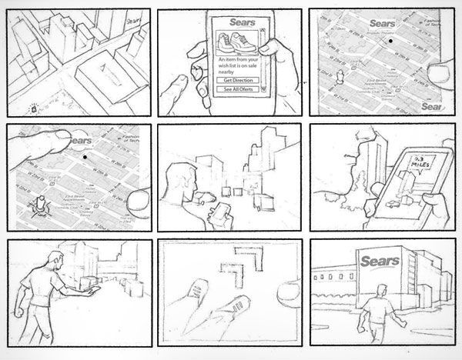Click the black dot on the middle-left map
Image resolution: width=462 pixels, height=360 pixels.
tap(83, 157)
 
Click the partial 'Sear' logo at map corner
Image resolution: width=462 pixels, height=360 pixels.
tap(431, 107)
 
